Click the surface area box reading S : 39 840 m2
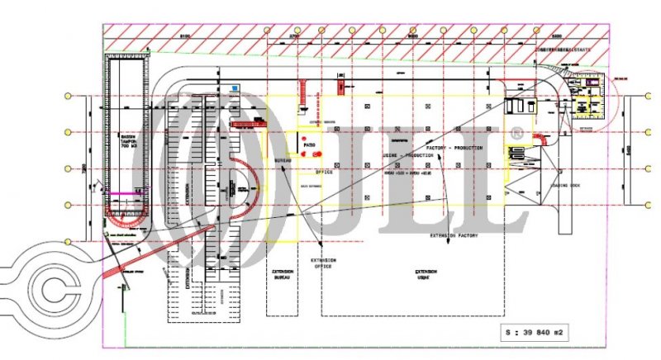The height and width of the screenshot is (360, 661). click(x=544, y=333)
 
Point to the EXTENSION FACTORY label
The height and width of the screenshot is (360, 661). click(x=454, y=235)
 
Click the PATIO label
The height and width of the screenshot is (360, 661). click(x=310, y=146)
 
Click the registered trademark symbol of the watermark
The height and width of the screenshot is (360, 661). click(x=516, y=131)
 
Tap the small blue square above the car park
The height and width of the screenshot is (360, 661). click(x=234, y=87)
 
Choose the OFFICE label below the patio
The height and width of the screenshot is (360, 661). click(x=323, y=173)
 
